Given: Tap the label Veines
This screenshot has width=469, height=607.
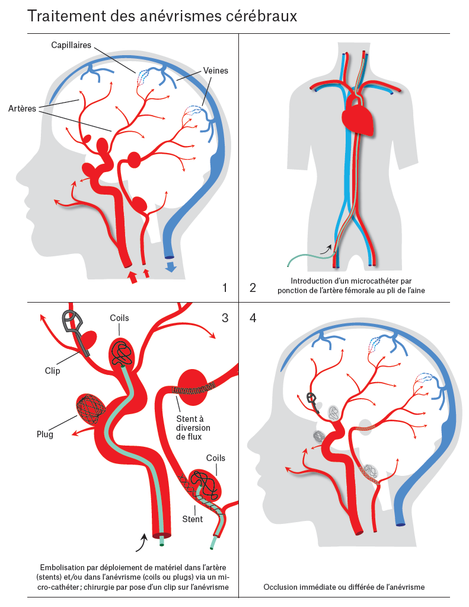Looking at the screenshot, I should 215,71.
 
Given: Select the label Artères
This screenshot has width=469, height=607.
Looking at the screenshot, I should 23,108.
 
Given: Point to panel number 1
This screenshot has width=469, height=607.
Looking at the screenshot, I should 225,288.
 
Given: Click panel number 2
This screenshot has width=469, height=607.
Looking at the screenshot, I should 253,288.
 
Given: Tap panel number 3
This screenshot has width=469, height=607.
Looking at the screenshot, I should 225,318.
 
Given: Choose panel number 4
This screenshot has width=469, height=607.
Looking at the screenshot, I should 253,318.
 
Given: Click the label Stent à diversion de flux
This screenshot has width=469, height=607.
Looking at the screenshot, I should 193,427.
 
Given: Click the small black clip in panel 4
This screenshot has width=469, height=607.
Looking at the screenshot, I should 312,399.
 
